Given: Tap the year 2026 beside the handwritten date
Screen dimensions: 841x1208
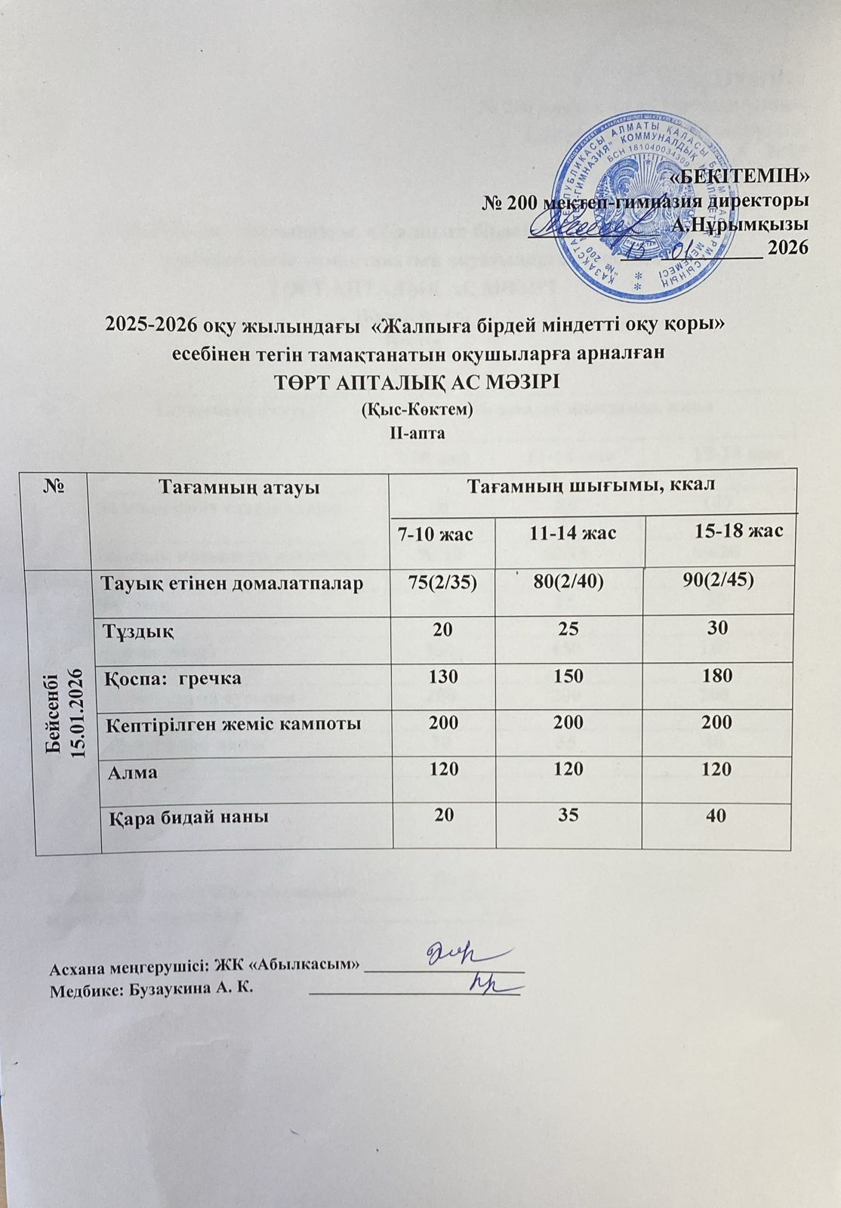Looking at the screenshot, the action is [788, 248].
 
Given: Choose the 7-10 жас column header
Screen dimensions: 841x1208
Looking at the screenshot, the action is [435, 535].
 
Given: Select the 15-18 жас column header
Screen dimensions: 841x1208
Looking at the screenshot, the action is [738, 531].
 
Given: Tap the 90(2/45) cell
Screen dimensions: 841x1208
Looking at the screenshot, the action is [717, 584].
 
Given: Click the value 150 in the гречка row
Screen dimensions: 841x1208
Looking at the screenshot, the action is [568, 676].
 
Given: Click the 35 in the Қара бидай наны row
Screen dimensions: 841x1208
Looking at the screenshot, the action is [568, 816].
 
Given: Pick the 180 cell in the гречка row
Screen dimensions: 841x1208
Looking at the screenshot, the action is [717, 676].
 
